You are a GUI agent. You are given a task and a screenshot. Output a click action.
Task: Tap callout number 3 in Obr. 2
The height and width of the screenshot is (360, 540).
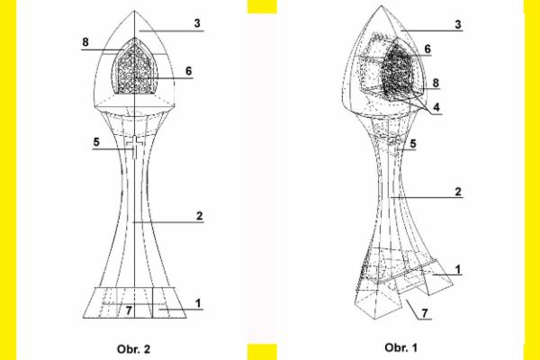tap(197, 22)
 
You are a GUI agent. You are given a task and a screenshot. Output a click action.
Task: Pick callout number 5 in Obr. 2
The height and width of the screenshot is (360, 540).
tap(95, 141)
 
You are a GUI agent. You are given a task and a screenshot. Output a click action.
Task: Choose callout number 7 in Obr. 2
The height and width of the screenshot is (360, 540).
tap(129, 310)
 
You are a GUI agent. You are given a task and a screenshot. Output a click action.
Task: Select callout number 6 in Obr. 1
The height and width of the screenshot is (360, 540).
tap(427, 49)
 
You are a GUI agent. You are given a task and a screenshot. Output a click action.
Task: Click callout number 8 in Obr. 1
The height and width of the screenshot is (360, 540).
tap(435, 82)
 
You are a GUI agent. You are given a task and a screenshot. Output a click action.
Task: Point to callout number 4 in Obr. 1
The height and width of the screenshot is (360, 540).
tap(435, 105)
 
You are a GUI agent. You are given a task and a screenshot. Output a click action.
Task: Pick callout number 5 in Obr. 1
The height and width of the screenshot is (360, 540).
tap(412, 143)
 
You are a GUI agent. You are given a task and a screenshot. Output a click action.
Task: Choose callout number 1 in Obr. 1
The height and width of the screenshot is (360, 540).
tap(457, 268)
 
